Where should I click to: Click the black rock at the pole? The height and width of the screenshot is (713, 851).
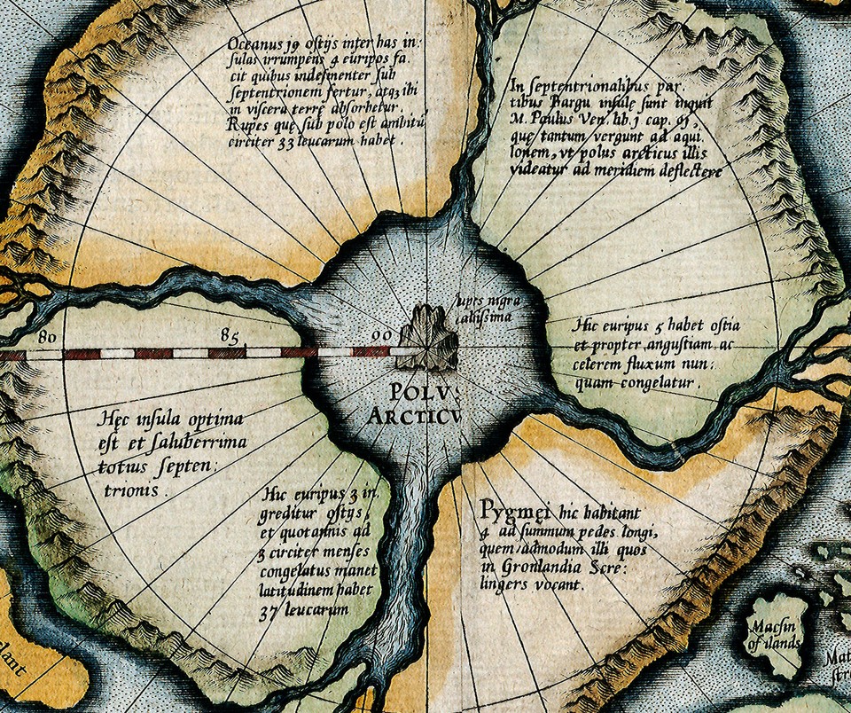(x=429, y=338)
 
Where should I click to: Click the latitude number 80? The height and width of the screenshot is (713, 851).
(x=49, y=337)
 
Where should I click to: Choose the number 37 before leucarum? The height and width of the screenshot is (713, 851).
(x=276, y=611)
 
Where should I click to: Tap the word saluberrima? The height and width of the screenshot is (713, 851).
(x=195, y=443)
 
